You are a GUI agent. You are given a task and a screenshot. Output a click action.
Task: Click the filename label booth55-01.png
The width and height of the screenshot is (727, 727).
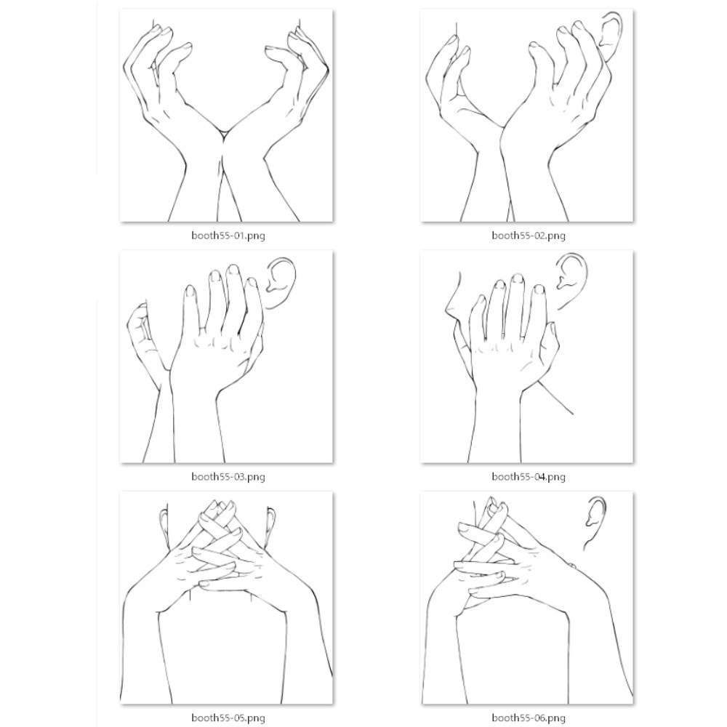[228, 236]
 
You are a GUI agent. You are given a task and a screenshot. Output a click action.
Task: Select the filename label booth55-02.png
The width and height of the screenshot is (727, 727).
[529, 236]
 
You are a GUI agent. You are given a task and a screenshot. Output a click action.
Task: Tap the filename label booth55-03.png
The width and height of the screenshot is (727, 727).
[228, 477]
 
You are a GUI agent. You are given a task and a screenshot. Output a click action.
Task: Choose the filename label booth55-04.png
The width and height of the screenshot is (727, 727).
[529, 477]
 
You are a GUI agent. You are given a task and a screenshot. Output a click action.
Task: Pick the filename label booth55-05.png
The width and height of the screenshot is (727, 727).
[228, 718]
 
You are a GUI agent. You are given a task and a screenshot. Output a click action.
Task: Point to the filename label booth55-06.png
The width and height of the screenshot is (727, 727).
[529, 718]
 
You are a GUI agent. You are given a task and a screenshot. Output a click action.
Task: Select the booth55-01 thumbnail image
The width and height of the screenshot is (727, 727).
[227, 116]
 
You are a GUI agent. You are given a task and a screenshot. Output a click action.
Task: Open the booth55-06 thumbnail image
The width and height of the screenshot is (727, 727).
[527, 598]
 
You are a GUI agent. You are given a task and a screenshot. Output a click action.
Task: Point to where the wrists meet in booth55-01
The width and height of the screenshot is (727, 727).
[223, 134]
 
